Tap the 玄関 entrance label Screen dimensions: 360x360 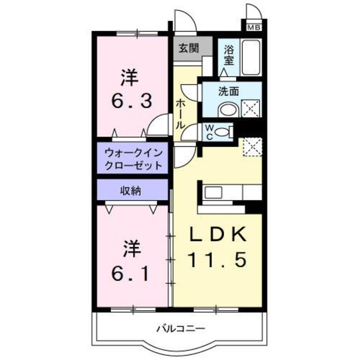click(x=188, y=48)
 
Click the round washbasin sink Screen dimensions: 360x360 click(x=226, y=110)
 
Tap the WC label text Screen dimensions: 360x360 click(x=208, y=131)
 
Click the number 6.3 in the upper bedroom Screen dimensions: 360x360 click(x=131, y=101)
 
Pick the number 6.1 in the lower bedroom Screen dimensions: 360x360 click(x=130, y=274)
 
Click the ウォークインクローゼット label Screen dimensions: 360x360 click(x=133, y=159)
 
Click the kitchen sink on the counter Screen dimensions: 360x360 click(x=214, y=193)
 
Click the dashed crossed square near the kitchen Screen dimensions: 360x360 click(x=251, y=147)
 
